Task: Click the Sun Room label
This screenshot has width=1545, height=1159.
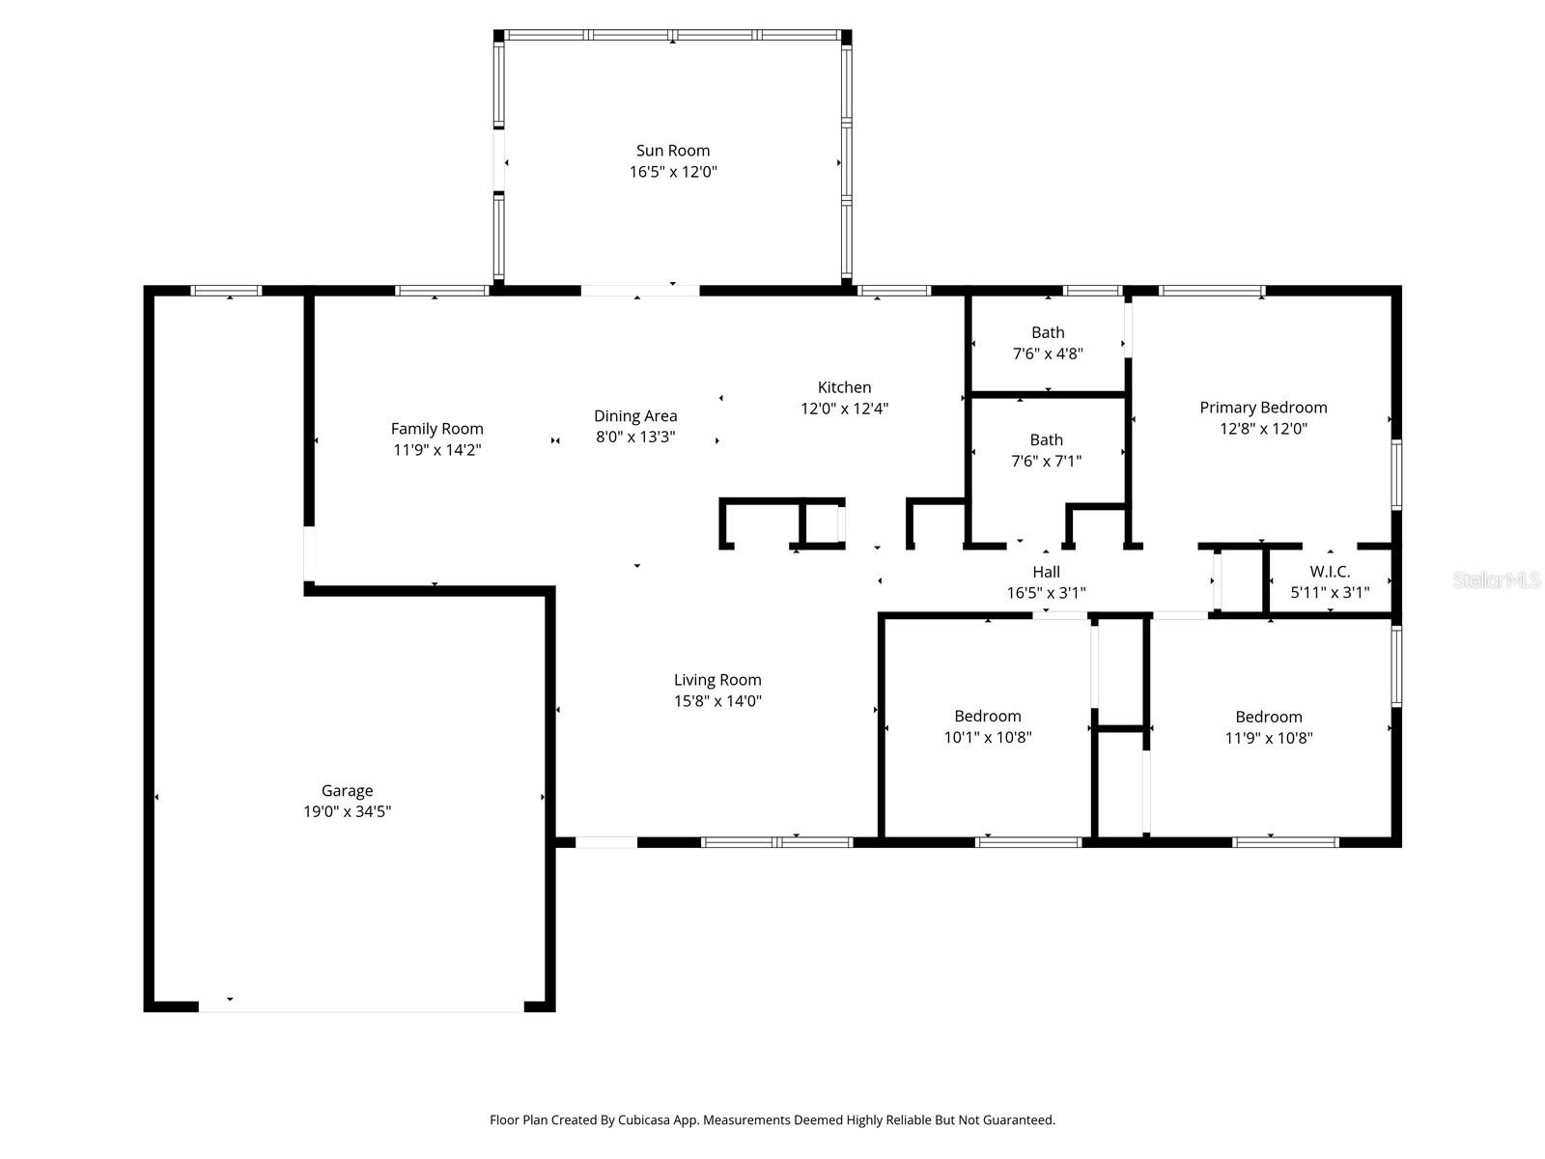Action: [x=672, y=151]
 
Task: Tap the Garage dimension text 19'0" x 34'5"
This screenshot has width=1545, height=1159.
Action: [x=347, y=812]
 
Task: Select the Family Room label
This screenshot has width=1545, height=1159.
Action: [x=436, y=429]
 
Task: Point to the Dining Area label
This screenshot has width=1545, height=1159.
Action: [x=635, y=416]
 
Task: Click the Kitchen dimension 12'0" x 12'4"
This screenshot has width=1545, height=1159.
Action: [x=844, y=409]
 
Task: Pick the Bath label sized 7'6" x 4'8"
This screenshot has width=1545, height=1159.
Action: [x=1048, y=332]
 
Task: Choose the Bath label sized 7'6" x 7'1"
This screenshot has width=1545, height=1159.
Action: [x=1046, y=439]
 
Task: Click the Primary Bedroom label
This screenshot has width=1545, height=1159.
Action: [x=1263, y=408]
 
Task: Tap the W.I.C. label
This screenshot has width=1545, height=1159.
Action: [x=1330, y=572]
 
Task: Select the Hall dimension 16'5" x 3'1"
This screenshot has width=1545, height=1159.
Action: [x=1046, y=593]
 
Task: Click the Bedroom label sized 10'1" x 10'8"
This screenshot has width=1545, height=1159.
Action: [x=987, y=716]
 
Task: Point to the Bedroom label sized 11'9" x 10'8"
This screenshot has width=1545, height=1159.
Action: [x=1268, y=717]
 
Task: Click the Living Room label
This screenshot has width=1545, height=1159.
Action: [x=717, y=680]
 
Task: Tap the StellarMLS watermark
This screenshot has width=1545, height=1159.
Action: [x=1496, y=579]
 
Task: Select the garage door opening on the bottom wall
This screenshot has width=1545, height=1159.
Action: [x=361, y=1006]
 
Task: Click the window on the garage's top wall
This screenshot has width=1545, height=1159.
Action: [x=226, y=290]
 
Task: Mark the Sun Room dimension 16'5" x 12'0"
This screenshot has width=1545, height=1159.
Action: [x=672, y=172]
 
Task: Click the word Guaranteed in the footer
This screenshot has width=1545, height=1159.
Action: [x=1020, y=1120]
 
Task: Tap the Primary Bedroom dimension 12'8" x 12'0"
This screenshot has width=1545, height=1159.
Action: [x=1263, y=429]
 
